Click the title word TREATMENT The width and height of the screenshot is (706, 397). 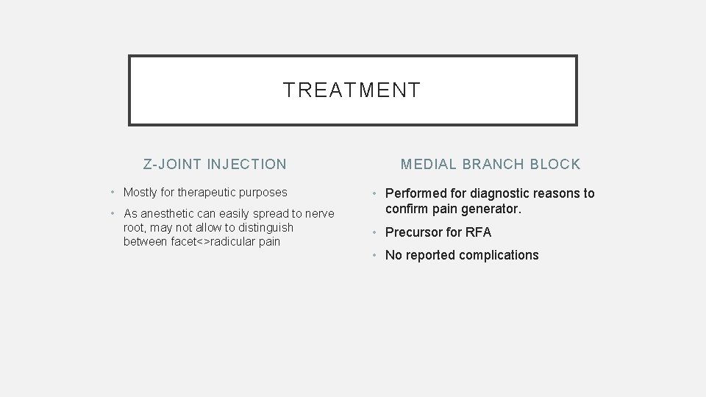[352, 90]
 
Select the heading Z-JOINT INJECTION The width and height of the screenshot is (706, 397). [215, 164]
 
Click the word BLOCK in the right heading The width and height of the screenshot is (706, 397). [556, 164]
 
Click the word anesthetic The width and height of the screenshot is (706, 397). [170, 214]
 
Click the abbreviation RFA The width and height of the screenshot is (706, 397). [477, 232]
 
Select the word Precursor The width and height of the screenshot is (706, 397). [414, 232]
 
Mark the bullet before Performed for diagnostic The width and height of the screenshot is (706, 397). [374, 193]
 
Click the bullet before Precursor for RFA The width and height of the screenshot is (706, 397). [374, 232]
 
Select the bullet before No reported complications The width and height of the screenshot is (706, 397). [374, 255]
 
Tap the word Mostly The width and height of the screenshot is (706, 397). [140, 193]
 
